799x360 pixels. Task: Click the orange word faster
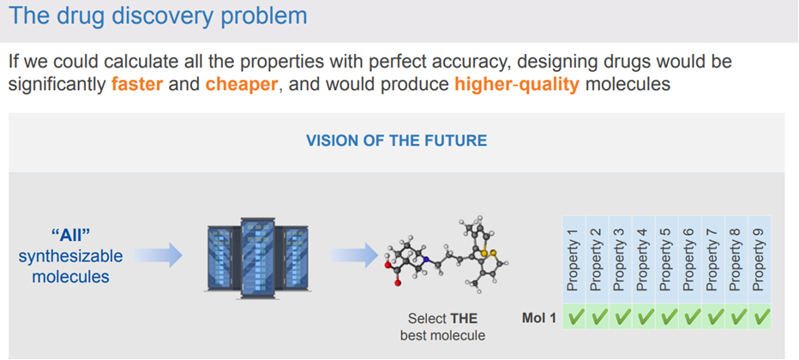[137, 85]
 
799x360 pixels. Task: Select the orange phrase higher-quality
[517, 85]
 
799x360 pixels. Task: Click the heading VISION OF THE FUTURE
[396, 140]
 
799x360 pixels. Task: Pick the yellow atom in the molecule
[485, 253]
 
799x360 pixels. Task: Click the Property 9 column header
[759, 257]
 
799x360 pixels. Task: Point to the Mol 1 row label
[539, 318]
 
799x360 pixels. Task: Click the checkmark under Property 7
[712, 318]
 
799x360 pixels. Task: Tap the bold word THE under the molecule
[464, 318]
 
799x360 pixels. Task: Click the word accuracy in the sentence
[471, 63]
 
